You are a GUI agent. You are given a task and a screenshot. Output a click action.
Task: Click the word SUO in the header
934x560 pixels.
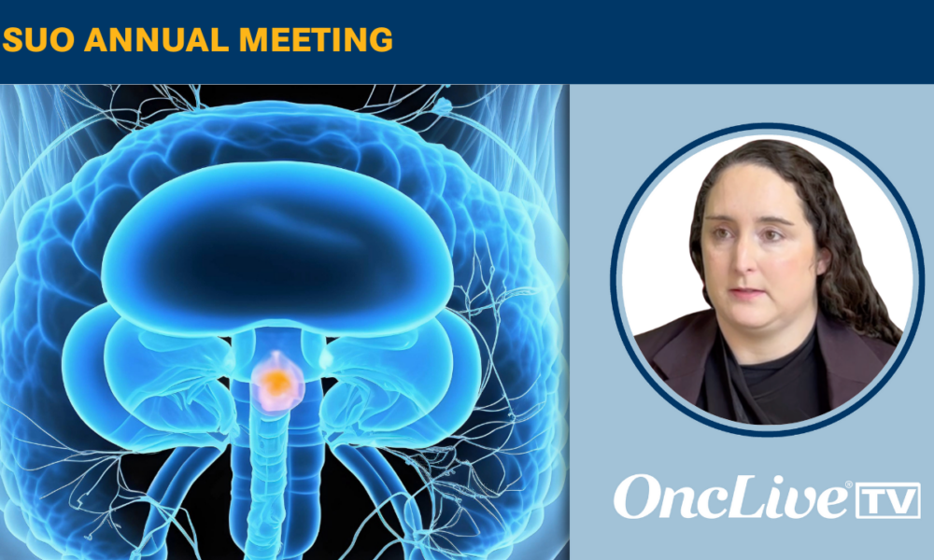[x=38, y=40]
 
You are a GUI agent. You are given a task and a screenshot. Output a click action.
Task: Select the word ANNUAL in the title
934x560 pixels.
[x=157, y=40]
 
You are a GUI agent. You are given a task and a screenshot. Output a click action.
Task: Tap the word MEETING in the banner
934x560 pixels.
[x=316, y=40]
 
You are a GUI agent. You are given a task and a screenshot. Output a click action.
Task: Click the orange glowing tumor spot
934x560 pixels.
[x=276, y=383]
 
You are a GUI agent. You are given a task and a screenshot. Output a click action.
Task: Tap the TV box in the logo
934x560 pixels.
[x=887, y=500]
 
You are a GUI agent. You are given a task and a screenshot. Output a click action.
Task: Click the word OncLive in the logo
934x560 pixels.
[x=732, y=497]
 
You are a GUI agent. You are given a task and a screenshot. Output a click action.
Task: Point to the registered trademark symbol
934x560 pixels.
[x=849, y=485]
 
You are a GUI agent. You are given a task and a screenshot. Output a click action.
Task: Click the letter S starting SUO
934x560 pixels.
[x=13, y=40]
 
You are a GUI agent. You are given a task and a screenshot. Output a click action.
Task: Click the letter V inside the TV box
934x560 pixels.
[x=900, y=501]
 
